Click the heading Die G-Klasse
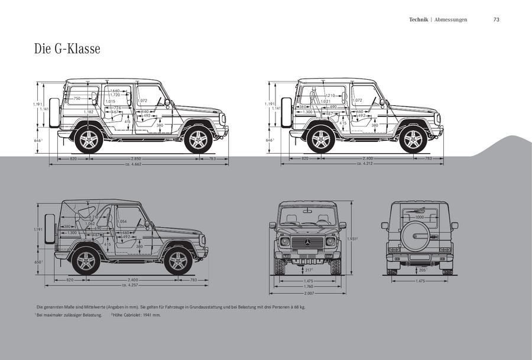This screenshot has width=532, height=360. point(67,48)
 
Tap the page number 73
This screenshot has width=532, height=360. point(497,20)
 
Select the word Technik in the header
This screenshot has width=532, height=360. point(419,20)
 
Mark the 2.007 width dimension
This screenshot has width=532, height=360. point(307,293)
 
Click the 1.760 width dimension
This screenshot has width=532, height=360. point(307,287)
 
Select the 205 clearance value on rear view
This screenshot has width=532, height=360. point(423,270)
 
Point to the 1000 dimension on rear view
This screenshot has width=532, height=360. point(419,218)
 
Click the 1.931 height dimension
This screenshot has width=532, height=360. point(353,238)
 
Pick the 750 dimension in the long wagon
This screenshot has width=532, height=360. point(77,98)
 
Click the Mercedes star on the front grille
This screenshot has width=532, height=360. point(307,242)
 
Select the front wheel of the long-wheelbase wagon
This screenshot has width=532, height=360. point(198,140)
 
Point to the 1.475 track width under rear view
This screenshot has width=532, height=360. point(420,281)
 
